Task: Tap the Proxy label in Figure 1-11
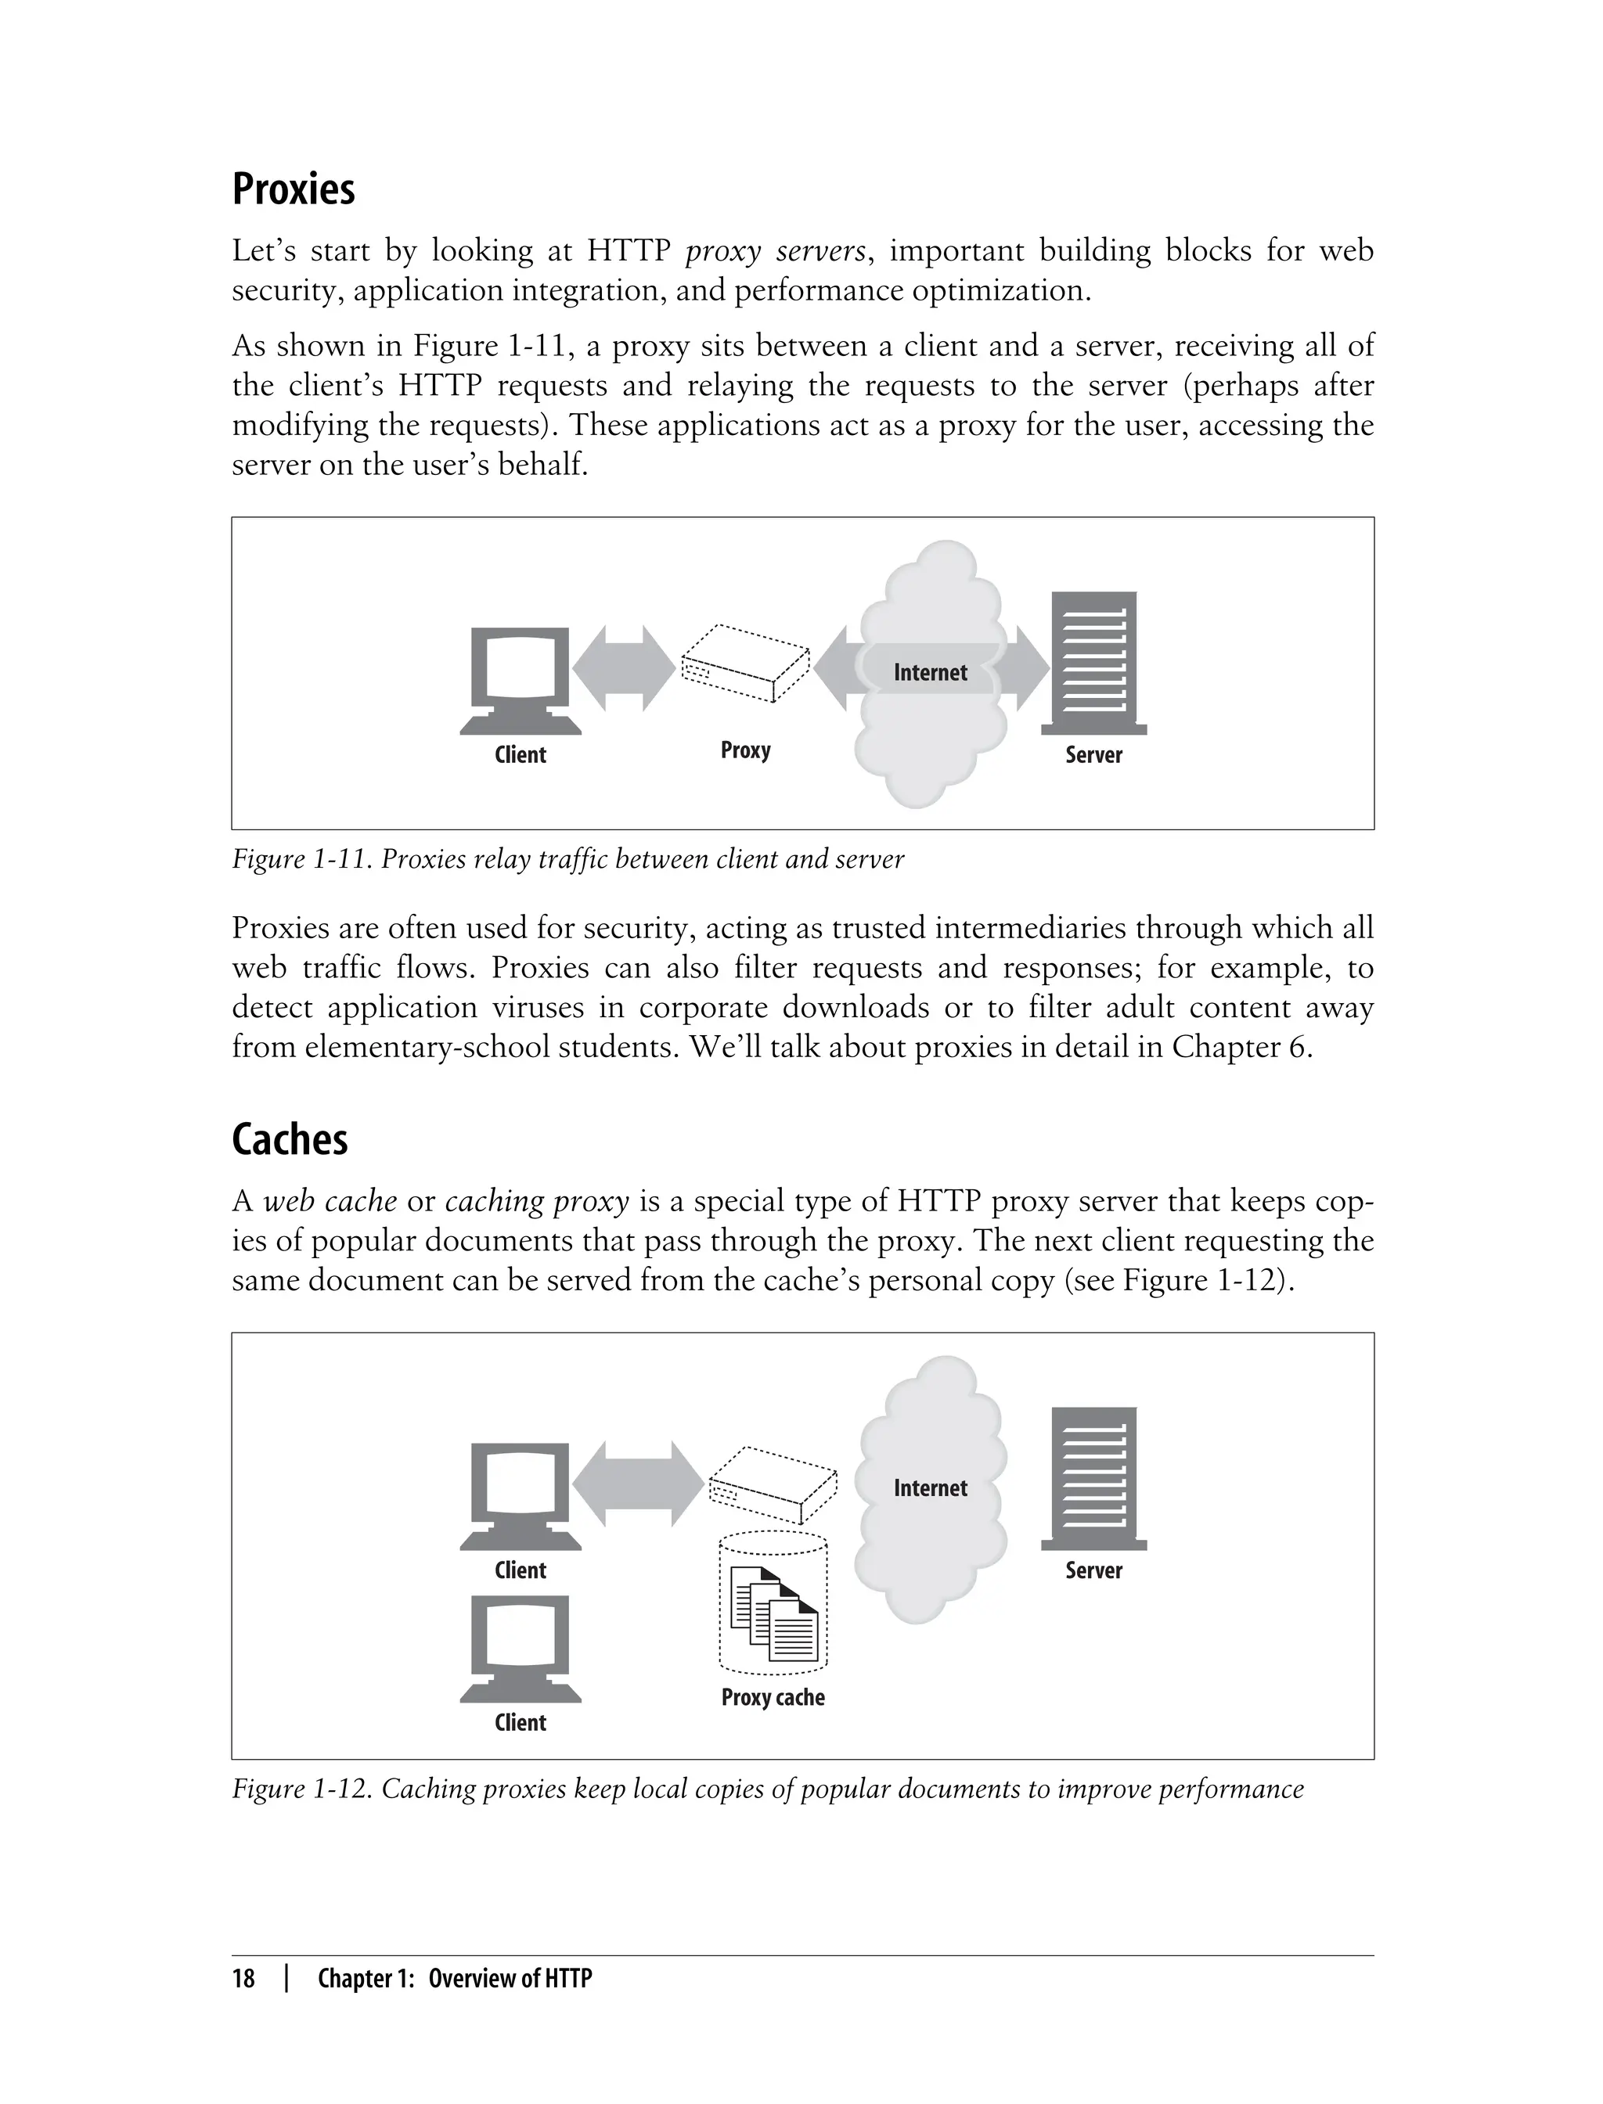pyautogui.click(x=745, y=750)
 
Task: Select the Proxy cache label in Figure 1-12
pyautogui.click(x=772, y=1697)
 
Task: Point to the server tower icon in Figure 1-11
pyautogui.click(x=1093, y=664)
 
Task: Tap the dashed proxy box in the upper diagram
pyautogui.click(x=745, y=663)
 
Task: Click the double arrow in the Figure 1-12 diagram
pyautogui.click(x=637, y=1484)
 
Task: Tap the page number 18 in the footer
pyautogui.click(x=243, y=1978)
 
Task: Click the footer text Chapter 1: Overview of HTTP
pyautogui.click(x=454, y=1978)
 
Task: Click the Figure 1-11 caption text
pyautogui.click(x=567, y=859)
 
